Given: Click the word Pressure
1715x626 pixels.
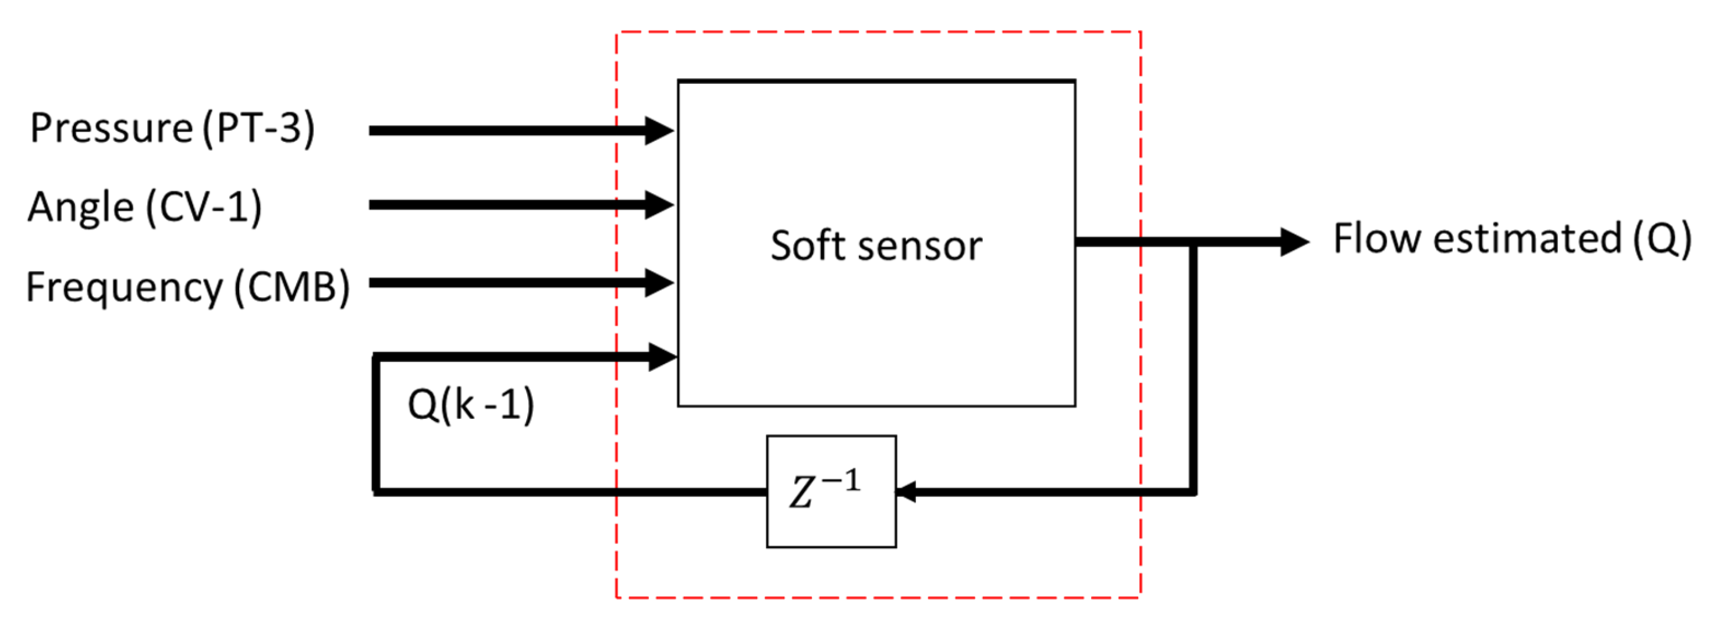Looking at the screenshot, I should click(x=111, y=128).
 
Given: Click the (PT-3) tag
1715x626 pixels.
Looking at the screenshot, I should click(x=258, y=128).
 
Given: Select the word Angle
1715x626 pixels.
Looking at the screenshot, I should click(x=80, y=207).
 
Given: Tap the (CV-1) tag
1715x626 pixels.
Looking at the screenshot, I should click(x=203, y=207).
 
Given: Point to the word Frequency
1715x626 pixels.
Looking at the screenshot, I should click(x=124, y=287).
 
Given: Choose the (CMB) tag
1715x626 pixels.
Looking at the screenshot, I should click(x=292, y=287).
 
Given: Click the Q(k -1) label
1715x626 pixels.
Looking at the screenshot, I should click(x=471, y=404).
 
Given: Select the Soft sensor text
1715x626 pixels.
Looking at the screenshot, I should click(x=876, y=246).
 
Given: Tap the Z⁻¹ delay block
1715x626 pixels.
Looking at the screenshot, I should click(x=831, y=492).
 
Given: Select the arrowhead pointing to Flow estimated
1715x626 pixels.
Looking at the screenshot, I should click(x=1294, y=241).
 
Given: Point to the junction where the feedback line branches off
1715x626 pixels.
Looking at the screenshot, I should click(x=1194, y=243).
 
